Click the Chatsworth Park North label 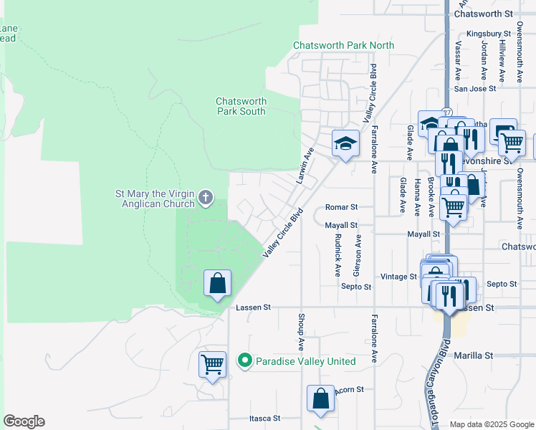click(343, 45)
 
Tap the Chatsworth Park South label click(241, 106)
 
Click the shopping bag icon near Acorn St click(321, 398)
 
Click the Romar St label click(341, 206)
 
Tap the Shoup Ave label click(301, 331)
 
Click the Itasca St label click(264, 418)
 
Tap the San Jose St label click(475, 89)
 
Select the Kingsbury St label click(487, 33)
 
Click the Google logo click(24, 421)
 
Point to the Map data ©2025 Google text click(491, 424)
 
